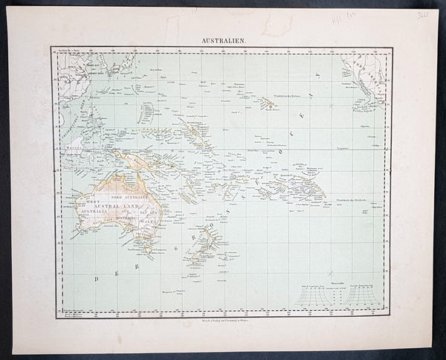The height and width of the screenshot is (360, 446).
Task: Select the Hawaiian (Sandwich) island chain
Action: pos(266,103)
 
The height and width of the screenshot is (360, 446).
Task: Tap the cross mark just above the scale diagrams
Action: pos(330,274)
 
